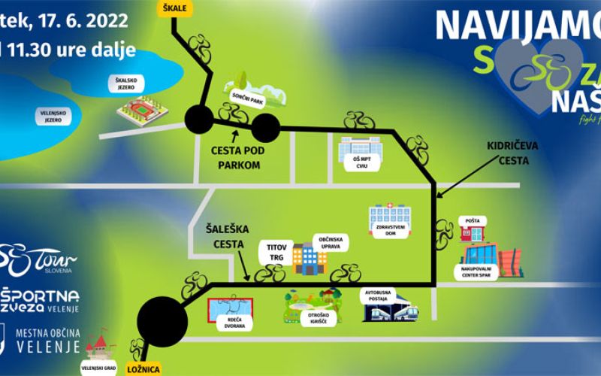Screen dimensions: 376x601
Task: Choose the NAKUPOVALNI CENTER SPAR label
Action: pos(477,271)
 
